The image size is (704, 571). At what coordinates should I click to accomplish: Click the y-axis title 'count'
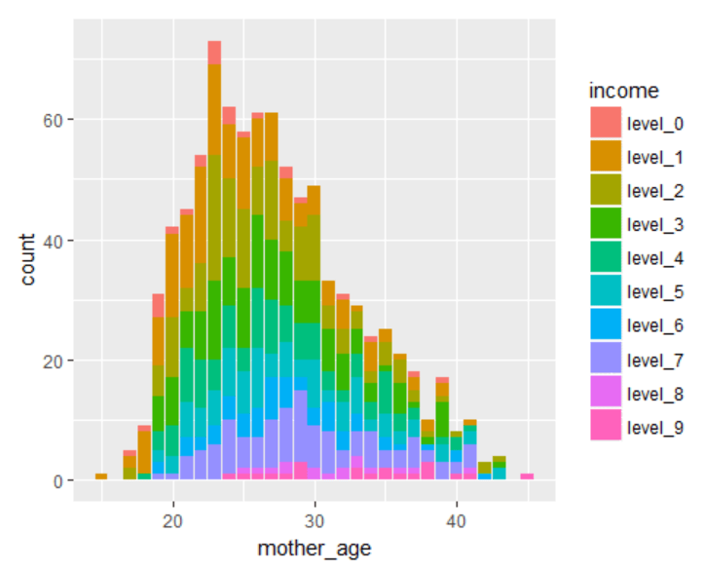click(x=27, y=259)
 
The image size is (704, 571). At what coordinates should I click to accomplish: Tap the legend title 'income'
click(x=623, y=92)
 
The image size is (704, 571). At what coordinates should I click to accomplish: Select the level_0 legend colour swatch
click(x=604, y=122)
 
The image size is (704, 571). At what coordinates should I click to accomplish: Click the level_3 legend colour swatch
click(x=604, y=224)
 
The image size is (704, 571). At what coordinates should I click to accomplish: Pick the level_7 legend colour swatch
click(x=604, y=360)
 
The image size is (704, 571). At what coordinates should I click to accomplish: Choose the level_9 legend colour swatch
click(x=604, y=427)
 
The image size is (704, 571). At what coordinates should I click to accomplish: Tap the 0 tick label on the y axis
click(x=57, y=481)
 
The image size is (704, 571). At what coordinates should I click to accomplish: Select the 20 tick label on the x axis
click(x=173, y=517)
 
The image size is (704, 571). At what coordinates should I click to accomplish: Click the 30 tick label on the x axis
click(x=314, y=517)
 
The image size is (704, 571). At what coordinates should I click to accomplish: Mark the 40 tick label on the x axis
click(x=455, y=517)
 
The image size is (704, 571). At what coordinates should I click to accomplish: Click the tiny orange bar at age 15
click(x=101, y=476)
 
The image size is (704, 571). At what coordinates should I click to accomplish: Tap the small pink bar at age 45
click(x=526, y=476)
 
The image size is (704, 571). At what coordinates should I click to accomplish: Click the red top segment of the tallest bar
click(x=214, y=53)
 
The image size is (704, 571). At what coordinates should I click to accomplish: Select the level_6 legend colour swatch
click(x=604, y=325)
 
